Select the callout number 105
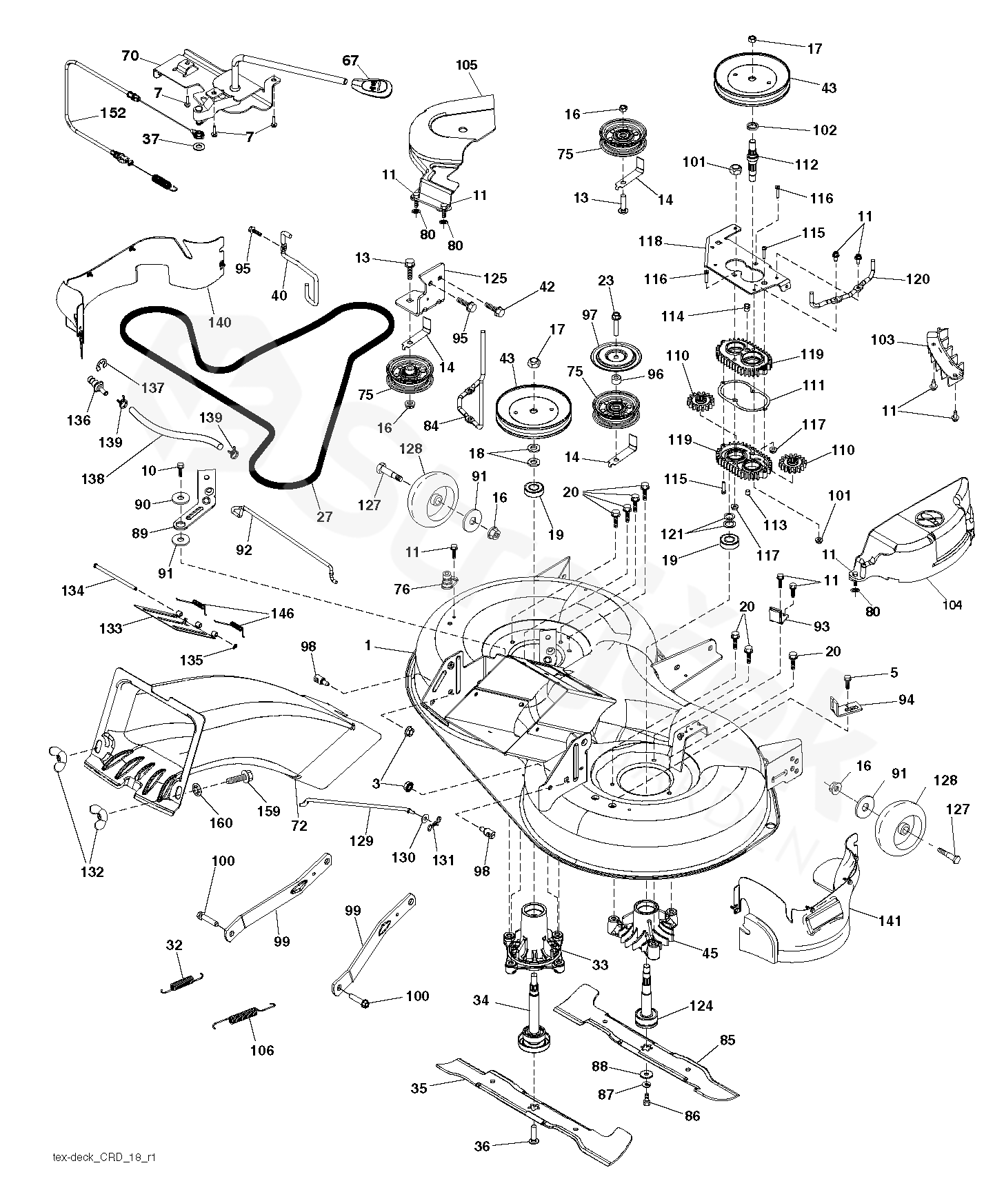(466, 65)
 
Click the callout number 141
(890, 920)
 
